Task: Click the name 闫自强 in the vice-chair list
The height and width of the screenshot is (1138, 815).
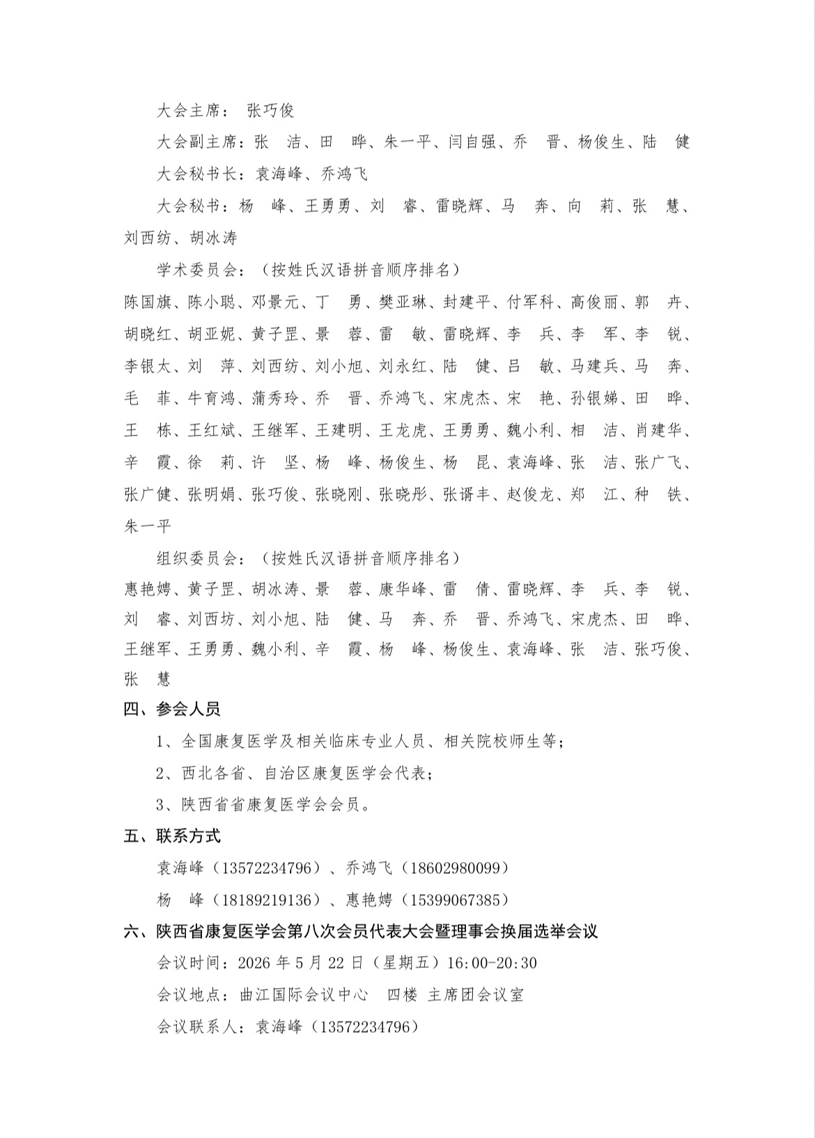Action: point(471,142)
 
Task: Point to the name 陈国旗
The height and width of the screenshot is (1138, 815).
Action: point(148,302)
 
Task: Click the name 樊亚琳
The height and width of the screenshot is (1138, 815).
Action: point(402,302)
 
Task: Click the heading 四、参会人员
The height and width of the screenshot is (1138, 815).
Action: point(172,709)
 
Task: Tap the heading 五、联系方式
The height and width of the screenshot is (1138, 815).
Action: point(172,836)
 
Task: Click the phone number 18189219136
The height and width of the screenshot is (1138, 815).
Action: point(266,900)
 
